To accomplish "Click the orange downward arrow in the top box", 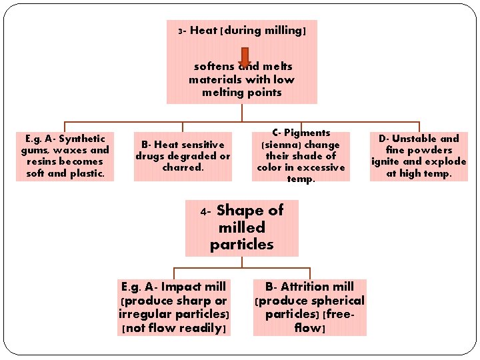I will click(x=245, y=57).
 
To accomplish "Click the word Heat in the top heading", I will click(x=203, y=30).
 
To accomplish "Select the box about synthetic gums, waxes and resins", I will click(x=65, y=156).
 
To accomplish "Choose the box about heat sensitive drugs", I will click(x=183, y=156).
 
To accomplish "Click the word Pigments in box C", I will click(x=307, y=133).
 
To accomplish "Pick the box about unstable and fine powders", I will click(x=419, y=156).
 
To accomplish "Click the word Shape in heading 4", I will click(x=241, y=211).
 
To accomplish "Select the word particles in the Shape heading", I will click(x=241, y=245).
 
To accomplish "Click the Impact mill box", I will click(x=174, y=307).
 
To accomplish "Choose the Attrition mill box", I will click(x=309, y=307).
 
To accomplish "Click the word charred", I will click(x=183, y=167).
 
